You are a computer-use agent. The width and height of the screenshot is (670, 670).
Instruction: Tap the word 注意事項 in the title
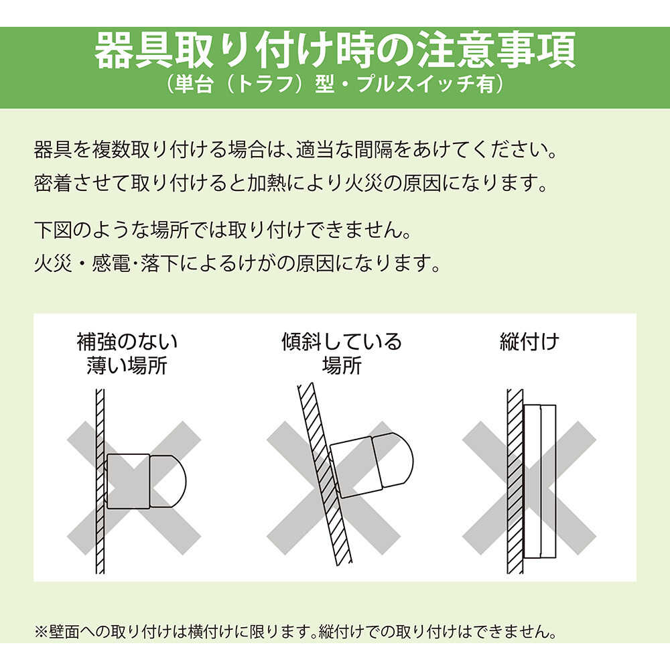(x=496, y=51)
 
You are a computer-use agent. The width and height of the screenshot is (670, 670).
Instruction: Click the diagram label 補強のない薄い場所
(x=127, y=353)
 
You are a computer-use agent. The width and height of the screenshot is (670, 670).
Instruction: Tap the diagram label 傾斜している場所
(x=342, y=353)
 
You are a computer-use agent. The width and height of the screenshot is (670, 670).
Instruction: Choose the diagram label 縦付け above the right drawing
(x=529, y=342)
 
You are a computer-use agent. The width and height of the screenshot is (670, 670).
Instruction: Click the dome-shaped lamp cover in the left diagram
(x=168, y=481)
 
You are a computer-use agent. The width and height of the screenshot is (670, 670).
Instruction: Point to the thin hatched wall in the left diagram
(x=100, y=481)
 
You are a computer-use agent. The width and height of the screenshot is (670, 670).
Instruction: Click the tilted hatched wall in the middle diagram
(x=325, y=474)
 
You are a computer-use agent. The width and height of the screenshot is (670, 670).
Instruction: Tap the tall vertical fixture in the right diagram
(x=539, y=481)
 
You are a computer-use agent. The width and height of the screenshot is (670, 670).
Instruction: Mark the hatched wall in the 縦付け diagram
(x=515, y=481)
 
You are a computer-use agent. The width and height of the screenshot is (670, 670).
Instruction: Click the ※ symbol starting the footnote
(x=42, y=632)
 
